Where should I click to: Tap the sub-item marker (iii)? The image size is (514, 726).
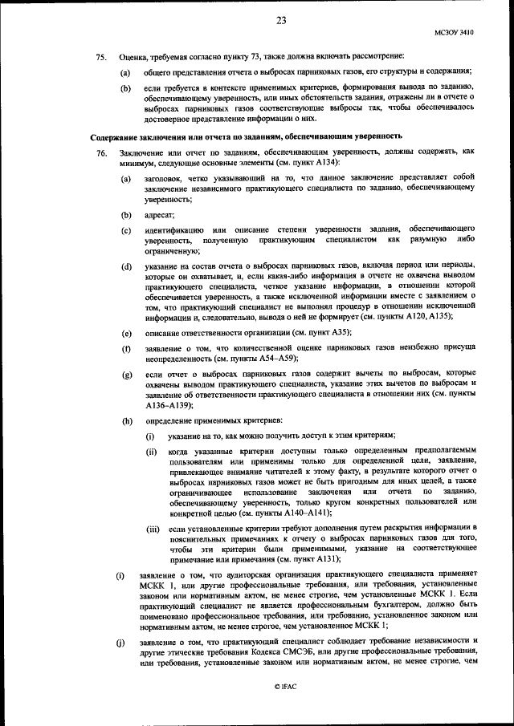(x=152, y=529)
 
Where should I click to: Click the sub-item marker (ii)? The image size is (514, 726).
(x=151, y=452)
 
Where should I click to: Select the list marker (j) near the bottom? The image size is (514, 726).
(x=120, y=639)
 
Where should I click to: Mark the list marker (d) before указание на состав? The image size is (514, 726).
(x=127, y=266)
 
